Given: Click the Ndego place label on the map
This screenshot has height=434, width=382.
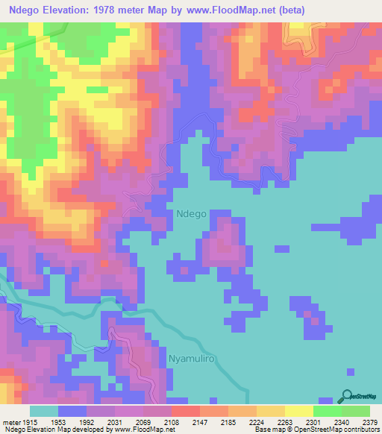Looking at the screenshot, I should (192, 213).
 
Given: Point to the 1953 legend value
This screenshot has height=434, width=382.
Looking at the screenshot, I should (57, 421).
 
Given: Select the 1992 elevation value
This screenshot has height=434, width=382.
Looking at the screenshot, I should (87, 421).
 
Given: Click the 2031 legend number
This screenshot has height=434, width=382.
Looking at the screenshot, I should (115, 421).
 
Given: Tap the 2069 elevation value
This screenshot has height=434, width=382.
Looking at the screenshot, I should (143, 421).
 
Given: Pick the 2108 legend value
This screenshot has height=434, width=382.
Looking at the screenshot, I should (172, 421).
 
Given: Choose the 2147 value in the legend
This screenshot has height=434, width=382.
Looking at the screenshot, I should (200, 421).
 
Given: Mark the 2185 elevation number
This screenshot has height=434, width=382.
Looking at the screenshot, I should (228, 421).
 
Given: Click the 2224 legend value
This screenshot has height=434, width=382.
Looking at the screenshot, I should (257, 421).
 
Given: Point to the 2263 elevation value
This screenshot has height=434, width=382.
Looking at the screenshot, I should (285, 421).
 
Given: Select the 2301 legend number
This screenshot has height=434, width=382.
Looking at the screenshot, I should (313, 421).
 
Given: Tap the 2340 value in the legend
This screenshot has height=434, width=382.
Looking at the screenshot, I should (342, 421).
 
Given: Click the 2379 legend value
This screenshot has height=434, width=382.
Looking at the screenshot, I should (369, 421).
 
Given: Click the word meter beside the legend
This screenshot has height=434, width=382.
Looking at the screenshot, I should (12, 421).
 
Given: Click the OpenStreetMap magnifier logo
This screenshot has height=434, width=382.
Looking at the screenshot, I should (347, 395).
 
